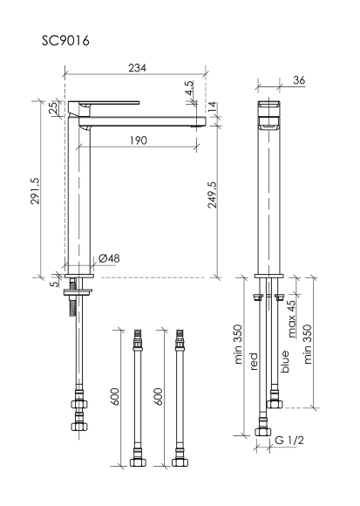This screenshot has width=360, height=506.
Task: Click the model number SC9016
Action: [x=65, y=41]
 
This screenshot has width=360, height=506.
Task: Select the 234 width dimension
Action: [x=138, y=68]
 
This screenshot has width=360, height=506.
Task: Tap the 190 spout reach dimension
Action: [x=139, y=140]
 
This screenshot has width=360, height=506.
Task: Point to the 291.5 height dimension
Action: [x=35, y=191]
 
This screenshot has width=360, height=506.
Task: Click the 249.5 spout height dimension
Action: [x=212, y=195]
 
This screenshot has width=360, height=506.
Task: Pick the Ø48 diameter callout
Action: [x=109, y=258]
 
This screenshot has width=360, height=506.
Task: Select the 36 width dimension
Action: [x=299, y=80]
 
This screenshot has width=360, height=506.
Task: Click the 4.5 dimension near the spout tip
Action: [x=189, y=88]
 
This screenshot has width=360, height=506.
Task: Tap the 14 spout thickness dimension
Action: [x=212, y=106]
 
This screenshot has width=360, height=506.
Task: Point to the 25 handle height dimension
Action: [x=54, y=107]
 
